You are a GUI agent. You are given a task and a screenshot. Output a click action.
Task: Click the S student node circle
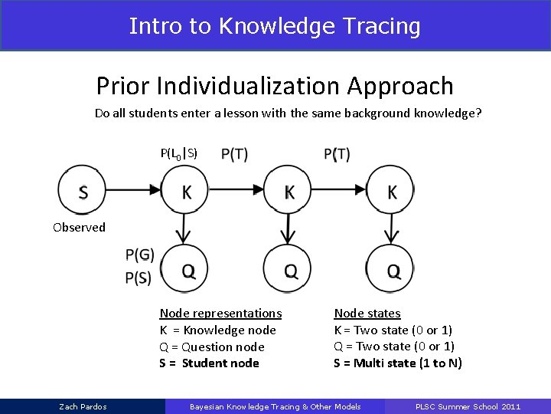[x=83, y=192]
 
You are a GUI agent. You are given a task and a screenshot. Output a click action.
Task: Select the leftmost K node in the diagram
[x=185, y=192]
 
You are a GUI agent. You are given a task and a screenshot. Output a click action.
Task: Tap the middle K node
[x=289, y=192]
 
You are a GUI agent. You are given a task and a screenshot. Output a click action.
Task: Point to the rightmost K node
[x=391, y=192]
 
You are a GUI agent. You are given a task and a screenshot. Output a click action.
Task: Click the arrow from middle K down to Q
[x=289, y=229]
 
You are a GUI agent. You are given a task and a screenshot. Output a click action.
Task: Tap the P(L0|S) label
[x=178, y=153]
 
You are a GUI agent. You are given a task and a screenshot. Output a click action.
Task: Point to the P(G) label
[x=139, y=255]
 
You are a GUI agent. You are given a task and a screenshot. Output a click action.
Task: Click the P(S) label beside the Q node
[x=138, y=278]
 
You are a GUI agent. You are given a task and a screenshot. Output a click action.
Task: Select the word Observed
[x=79, y=227]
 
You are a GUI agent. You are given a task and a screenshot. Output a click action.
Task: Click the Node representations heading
[x=220, y=313]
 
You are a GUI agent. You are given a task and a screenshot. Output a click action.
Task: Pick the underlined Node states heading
[x=367, y=313]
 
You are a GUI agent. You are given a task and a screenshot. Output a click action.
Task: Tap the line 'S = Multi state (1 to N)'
[x=397, y=363]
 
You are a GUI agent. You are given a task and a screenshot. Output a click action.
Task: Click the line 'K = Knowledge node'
[x=217, y=330]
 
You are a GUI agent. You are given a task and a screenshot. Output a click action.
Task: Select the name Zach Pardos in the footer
[x=83, y=406]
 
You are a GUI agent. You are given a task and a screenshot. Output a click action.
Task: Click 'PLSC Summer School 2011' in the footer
[x=468, y=406]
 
